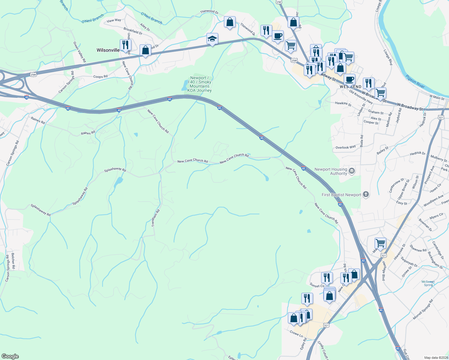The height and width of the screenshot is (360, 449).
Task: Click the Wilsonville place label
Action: pyautogui.click(x=108, y=50)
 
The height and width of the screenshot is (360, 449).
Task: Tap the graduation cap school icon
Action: pyautogui.click(x=212, y=39)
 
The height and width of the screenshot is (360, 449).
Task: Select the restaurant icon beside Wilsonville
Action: pyautogui.click(x=125, y=45)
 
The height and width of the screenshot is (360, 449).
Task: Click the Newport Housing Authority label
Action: pyautogui.click(x=331, y=171)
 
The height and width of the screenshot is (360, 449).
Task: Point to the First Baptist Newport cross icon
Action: pyautogui.click(x=366, y=194)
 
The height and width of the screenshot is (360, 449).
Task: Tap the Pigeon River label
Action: pyautogui.click(x=415, y=81)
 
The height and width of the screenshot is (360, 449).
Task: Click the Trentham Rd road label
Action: pyautogui.click(x=155, y=218)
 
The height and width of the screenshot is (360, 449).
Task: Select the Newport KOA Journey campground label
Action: pyautogui.click(x=200, y=84)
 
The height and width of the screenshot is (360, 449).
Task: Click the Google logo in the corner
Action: pyautogui.click(x=10, y=356)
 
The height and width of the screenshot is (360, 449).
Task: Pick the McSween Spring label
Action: pyautogui.click(x=428, y=283)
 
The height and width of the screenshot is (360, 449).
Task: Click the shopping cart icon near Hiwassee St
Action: pyautogui.click(x=380, y=243)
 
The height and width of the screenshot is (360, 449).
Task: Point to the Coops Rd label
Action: pyautogui.click(x=100, y=76)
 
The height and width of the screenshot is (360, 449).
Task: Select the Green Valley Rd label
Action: pyautogui.click(x=80, y=52)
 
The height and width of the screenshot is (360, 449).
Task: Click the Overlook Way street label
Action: pyautogui.click(x=345, y=147)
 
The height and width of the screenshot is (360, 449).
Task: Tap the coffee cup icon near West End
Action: pyautogui.click(x=349, y=80)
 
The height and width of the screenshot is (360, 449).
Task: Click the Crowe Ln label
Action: pyautogui.click(x=296, y=334)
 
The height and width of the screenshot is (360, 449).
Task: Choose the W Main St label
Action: pyautogui.click(x=437, y=97)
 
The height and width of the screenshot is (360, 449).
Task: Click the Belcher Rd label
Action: pyautogui.click(x=13, y=260)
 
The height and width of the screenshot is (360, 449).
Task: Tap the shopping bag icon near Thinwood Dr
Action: pyautogui.click(x=230, y=22)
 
